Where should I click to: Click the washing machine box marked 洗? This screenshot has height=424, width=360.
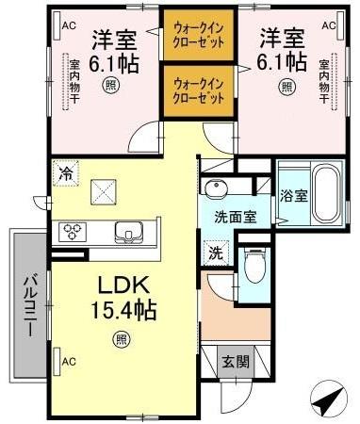[x=214, y=253]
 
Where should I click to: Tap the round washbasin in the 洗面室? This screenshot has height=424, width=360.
[x=218, y=188]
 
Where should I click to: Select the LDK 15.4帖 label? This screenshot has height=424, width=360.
[x=120, y=297]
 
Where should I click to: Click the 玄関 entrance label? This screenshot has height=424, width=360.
[x=234, y=361]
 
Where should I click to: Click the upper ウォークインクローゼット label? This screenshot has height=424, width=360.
[x=198, y=36]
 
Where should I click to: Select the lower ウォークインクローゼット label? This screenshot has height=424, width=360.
[x=198, y=90]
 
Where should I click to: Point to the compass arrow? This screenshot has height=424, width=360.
[x=327, y=400]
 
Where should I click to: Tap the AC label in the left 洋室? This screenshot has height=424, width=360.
[x=68, y=25]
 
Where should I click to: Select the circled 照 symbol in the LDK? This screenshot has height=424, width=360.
[x=121, y=339]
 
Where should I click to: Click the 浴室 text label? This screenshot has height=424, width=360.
[x=294, y=197]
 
